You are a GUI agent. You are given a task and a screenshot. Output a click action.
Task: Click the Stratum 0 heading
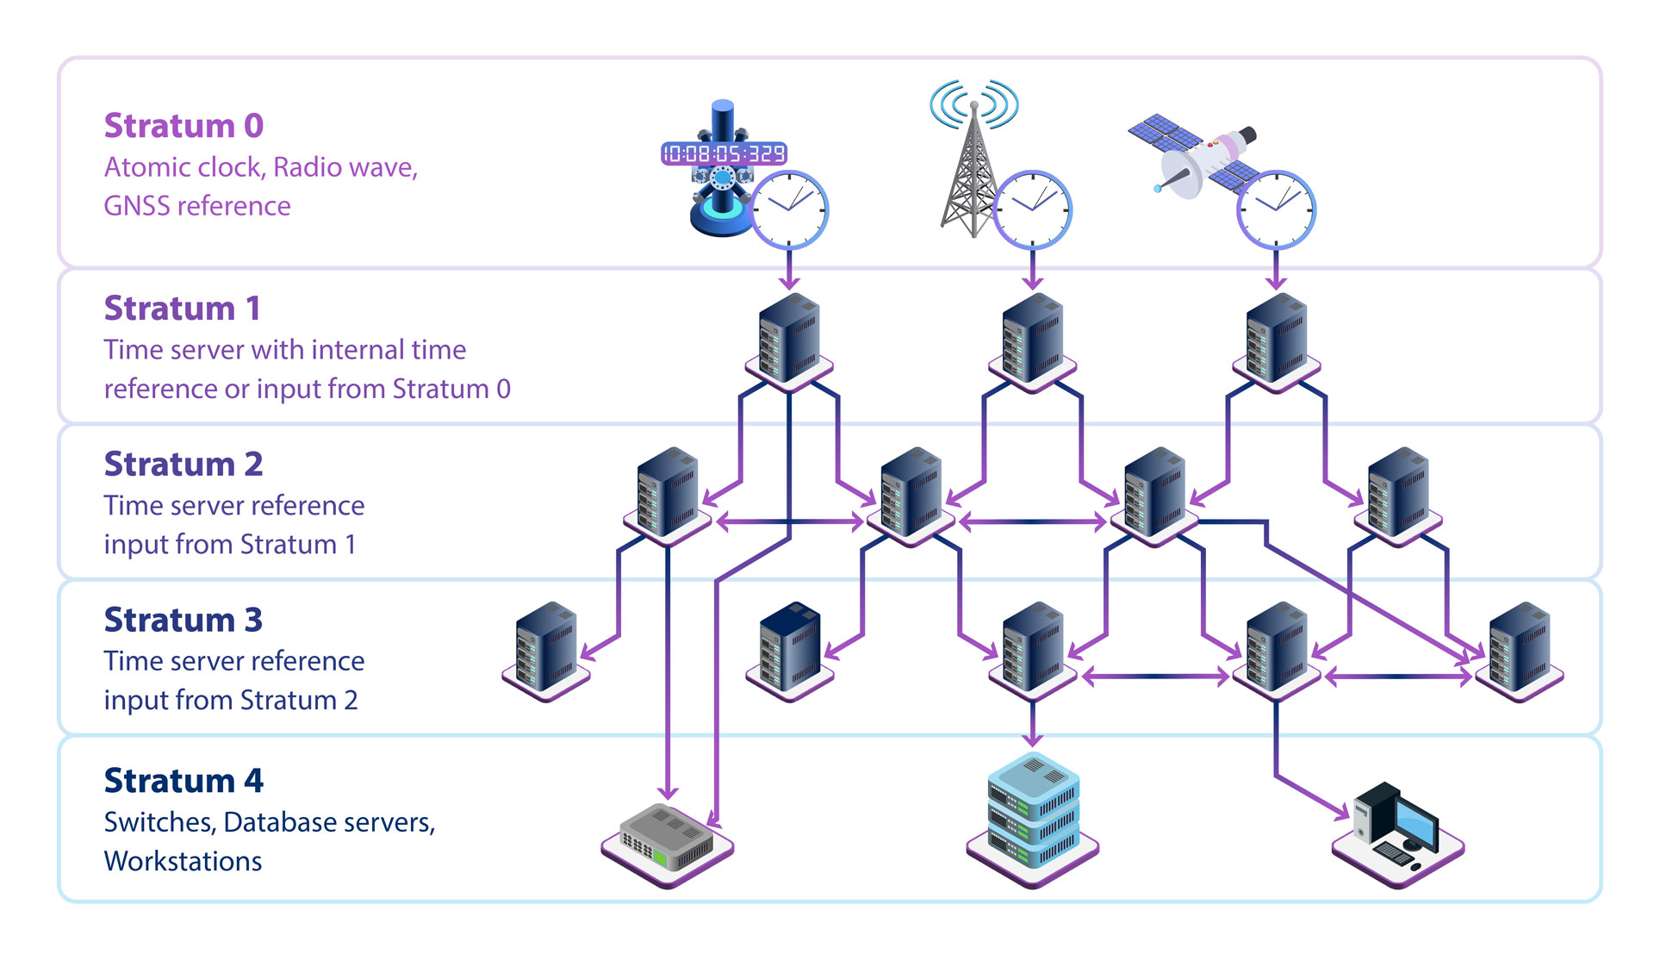point(183,126)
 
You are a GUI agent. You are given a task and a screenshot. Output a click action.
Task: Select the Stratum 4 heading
point(183,781)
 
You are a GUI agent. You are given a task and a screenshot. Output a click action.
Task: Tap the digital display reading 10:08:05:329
point(724,154)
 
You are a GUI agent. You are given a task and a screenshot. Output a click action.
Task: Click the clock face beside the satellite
point(1276,209)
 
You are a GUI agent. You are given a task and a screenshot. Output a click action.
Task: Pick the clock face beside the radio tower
point(1032,209)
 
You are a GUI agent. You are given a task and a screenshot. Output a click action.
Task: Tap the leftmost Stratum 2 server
point(667,494)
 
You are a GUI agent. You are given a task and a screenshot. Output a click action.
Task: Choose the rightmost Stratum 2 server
point(1397,494)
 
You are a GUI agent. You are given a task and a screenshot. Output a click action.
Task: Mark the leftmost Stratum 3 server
point(545,649)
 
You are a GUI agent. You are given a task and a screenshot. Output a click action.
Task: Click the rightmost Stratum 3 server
point(1519,649)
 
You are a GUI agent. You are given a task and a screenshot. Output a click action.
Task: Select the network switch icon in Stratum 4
point(668,840)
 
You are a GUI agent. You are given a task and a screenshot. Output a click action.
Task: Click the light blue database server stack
point(1032,814)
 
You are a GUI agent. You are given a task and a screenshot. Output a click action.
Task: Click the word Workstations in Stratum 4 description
point(183,862)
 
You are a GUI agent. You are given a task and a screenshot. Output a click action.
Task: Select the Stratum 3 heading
point(183,621)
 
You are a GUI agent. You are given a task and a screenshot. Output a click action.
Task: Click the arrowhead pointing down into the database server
point(1033,739)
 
